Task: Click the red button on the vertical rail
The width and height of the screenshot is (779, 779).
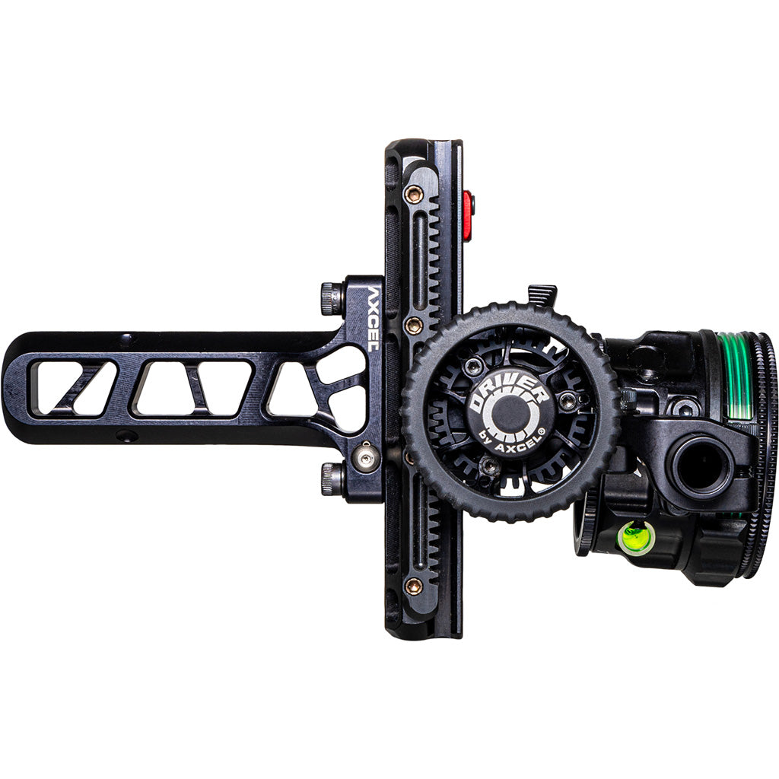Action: point(468,215)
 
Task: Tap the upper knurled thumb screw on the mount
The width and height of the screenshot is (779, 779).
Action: point(332,297)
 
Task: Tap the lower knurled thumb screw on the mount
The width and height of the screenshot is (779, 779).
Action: point(332,479)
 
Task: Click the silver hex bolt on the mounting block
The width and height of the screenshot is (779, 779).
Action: point(367,458)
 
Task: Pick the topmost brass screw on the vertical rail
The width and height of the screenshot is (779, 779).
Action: point(414,194)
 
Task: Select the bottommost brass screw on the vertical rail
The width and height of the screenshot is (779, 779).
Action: point(414,586)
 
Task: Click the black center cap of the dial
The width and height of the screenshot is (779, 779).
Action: point(510,413)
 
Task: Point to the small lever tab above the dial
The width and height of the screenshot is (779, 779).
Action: point(542,294)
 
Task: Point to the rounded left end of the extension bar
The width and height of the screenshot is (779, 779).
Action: point(14,388)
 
